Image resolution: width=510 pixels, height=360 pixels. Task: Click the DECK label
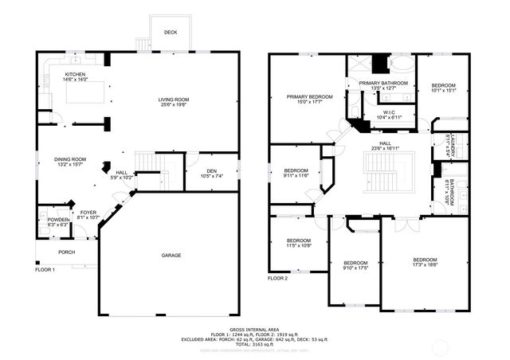171,33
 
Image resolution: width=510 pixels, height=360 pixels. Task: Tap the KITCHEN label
75,74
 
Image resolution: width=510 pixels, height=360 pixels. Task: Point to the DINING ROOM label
70,160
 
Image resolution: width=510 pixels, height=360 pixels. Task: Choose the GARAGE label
171,255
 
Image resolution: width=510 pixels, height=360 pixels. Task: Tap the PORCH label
66,252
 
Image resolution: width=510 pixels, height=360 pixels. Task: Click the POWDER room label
58,220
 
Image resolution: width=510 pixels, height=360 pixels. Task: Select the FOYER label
88,212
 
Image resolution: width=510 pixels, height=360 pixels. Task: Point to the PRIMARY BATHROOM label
383,83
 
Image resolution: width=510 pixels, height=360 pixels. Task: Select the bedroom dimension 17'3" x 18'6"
425,266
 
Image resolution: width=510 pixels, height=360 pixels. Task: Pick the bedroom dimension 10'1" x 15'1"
443,91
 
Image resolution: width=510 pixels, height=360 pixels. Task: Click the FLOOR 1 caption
45,270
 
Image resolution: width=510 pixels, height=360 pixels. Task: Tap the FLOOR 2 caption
277,278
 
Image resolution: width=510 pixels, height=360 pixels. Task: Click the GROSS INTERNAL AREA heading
254,328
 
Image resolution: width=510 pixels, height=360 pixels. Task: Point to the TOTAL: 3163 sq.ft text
254,344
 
